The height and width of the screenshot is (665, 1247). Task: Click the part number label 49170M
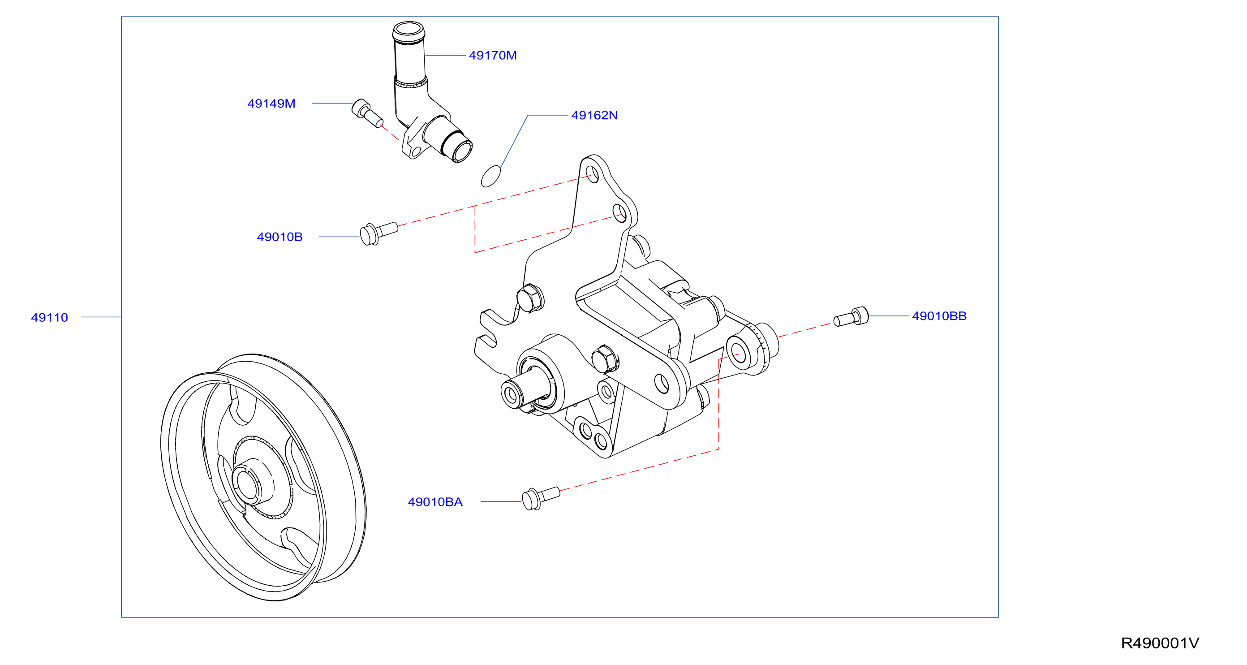pos(492,55)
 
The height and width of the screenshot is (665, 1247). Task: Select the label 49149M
pos(271,103)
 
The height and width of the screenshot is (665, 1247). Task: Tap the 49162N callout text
pos(594,115)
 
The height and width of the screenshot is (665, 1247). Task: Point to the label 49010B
pos(279,237)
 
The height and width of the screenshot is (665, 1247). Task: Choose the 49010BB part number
pos(939,316)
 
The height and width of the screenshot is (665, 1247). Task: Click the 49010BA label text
pos(435,502)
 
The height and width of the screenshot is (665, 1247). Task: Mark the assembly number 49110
pos(49,317)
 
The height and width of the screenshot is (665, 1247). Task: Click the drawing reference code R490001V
pos(1160,643)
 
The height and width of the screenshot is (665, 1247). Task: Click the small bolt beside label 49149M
pos(367,113)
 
